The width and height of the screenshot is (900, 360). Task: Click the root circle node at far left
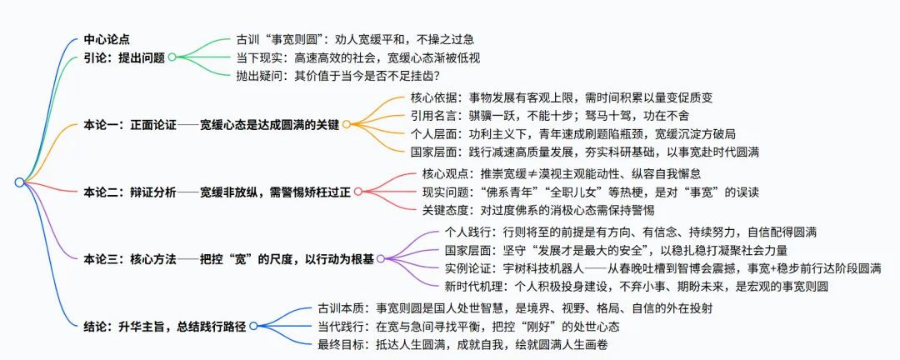click(x=18, y=182)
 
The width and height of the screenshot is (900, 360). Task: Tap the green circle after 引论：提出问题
click(x=172, y=57)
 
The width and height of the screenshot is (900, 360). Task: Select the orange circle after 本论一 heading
click(x=346, y=124)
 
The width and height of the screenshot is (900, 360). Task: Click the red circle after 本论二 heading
click(x=357, y=191)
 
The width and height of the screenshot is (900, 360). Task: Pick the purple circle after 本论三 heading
click(x=380, y=258)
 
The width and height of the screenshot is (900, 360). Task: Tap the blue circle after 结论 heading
click(x=255, y=325)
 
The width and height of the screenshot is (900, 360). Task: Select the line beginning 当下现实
click(x=358, y=57)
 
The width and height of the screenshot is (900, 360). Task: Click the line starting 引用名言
click(x=549, y=115)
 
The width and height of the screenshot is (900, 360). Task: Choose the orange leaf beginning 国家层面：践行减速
click(x=584, y=152)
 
